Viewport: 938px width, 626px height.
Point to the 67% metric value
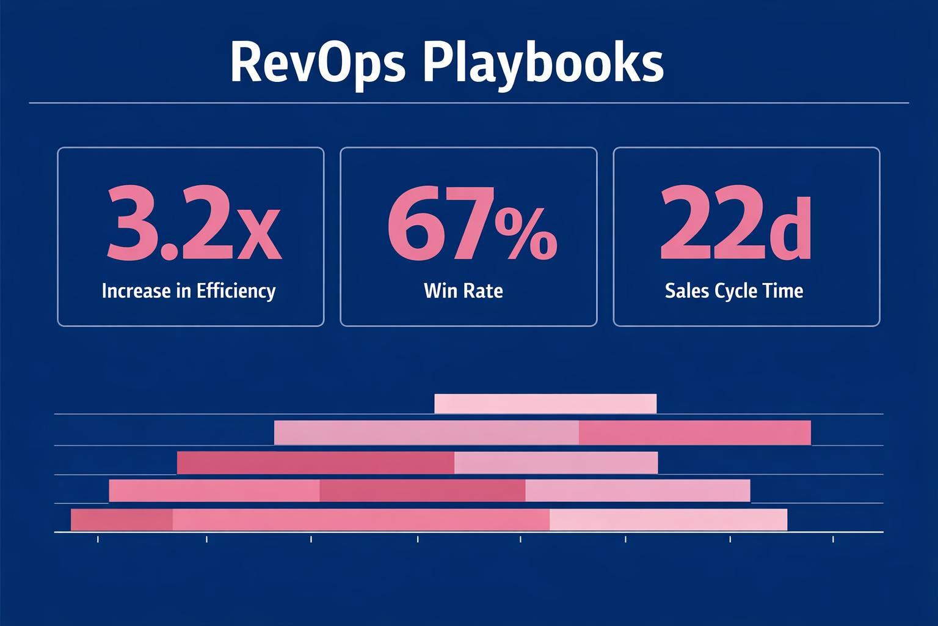[471, 224]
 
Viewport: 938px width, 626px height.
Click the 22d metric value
[735, 224]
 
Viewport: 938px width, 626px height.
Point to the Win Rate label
[463, 290]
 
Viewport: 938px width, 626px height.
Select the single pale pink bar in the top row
[545, 404]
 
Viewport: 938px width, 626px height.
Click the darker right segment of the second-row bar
[694, 433]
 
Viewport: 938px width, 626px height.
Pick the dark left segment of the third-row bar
[315, 463]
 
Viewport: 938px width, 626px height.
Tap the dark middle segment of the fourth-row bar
[422, 491]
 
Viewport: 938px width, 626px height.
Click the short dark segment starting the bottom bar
[122, 520]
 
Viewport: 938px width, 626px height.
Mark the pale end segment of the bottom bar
[668, 520]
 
